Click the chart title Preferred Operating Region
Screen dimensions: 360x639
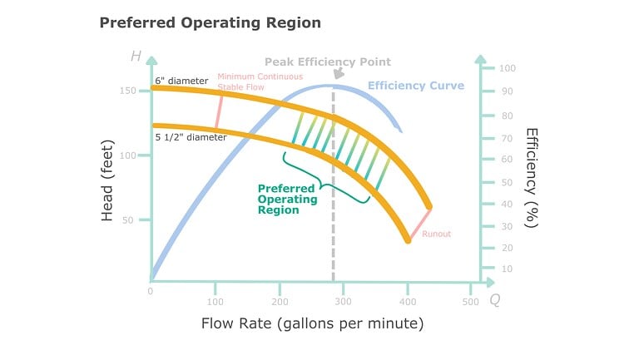tap(210, 22)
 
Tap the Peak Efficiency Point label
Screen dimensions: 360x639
tap(327, 62)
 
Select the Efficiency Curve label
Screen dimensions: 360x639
tap(415, 86)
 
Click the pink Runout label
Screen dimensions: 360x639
tap(436, 234)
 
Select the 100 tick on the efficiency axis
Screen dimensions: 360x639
tap(507, 67)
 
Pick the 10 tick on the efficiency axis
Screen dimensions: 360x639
tap(504, 269)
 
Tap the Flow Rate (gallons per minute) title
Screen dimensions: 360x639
tap(312, 323)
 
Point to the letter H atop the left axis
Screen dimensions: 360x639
tap(136, 57)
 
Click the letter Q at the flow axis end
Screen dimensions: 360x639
tap(494, 298)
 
